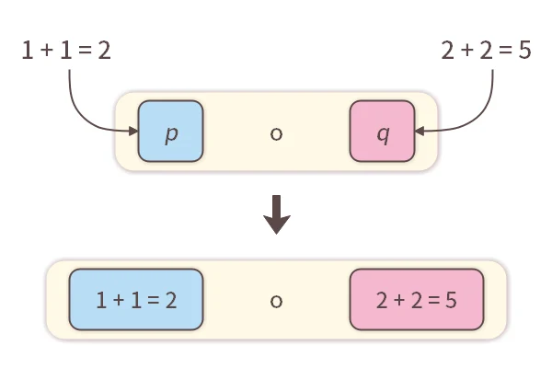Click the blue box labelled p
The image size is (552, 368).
tap(170, 132)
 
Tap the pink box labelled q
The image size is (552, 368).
tap(383, 132)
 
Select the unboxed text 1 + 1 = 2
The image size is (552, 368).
tap(66, 51)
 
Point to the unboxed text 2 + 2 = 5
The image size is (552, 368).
tap(486, 51)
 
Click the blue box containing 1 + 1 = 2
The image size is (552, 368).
tap(136, 300)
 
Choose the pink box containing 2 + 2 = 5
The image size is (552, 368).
tap(417, 300)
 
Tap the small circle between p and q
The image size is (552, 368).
tap(276, 133)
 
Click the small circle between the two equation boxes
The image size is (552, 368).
tap(276, 300)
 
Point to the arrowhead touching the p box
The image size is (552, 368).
tap(133, 132)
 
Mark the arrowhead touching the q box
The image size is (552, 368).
tap(420, 132)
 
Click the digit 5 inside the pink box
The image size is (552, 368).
tap(452, 300)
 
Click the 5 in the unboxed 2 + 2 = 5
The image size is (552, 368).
tap(524, 51)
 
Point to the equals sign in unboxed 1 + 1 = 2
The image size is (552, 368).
tap(84, 51)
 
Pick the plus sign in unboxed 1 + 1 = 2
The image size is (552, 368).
tap(45, 51)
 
